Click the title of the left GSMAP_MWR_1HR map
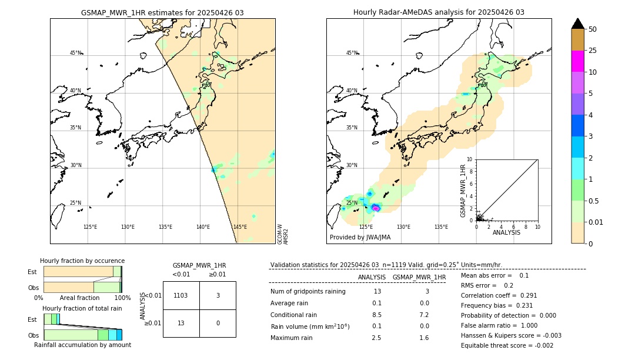tap(162, 12)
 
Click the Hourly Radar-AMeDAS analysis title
tap(439, 12)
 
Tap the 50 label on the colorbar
tap(593, 29)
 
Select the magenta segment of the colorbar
tap(577, 61)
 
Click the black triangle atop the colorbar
tap(577, 24)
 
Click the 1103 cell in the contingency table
tap(181, 295)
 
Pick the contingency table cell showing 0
tap(218, 323)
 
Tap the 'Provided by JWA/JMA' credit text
tap(360, 237)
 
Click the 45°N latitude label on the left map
tap(75, 53)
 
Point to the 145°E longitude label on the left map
tap(240, 227)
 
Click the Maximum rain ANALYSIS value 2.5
tap(377, 338)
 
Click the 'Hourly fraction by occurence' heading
tap(82, 261)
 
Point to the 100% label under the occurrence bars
tap(122, 298)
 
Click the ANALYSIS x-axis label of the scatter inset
tap(506, 232)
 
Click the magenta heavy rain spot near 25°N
tap(376, 207)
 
